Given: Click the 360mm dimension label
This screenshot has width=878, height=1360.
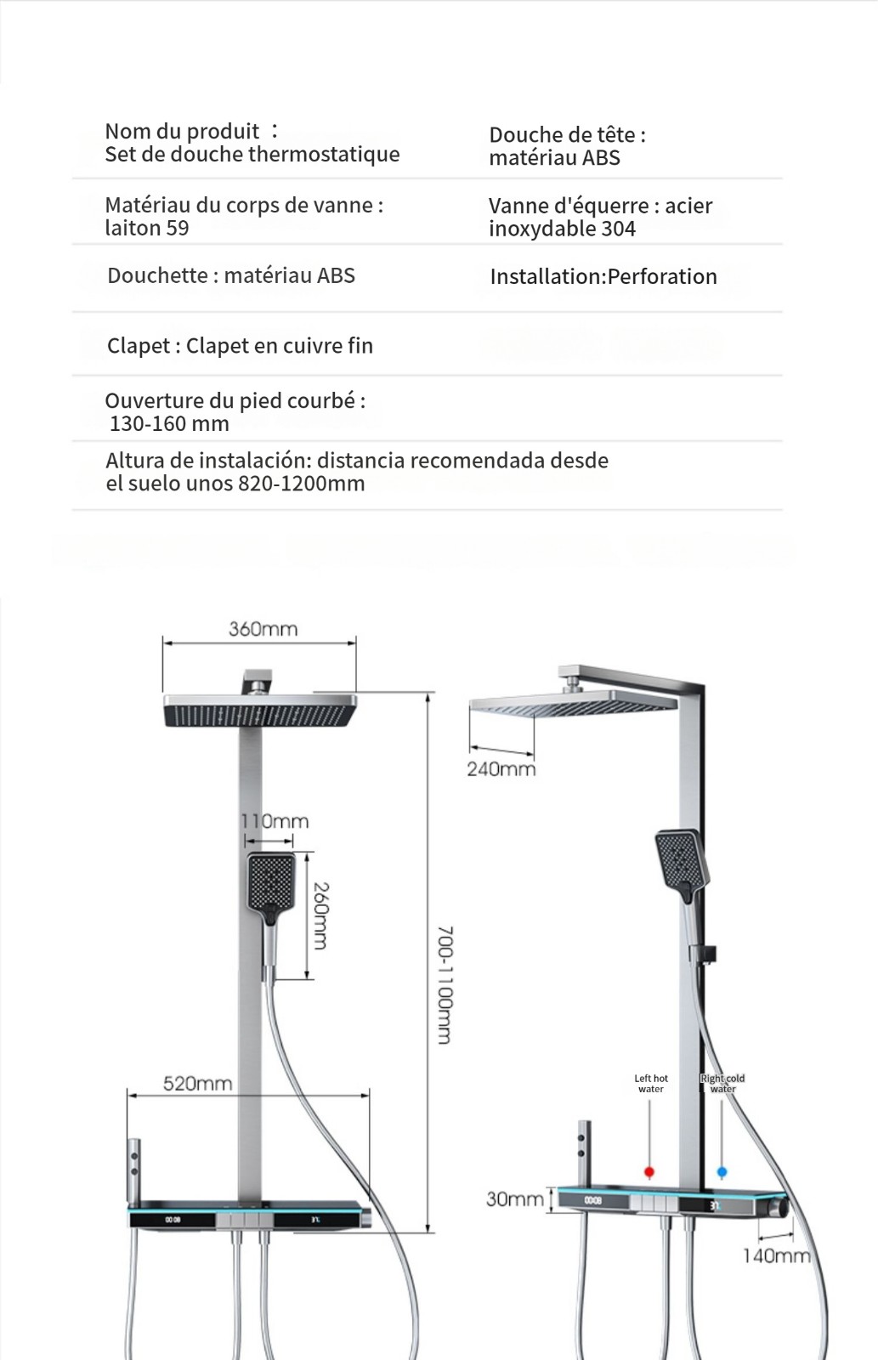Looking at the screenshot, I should [263, 629].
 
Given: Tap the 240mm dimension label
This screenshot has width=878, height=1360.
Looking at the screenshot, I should [501, 769].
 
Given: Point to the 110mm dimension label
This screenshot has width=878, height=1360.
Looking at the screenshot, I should [275, 821].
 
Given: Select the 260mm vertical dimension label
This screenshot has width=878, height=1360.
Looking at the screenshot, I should [320, 915].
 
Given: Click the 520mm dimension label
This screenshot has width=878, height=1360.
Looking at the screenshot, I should [197, 1083].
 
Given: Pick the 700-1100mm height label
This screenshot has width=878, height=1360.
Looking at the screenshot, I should [445, 985].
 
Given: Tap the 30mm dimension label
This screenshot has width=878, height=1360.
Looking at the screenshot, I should [514, 1198].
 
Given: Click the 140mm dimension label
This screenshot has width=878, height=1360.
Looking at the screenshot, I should [776, 1255].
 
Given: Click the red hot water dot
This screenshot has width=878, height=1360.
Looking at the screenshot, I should [649, 1172].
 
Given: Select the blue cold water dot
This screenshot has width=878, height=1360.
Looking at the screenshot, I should [722, 1172].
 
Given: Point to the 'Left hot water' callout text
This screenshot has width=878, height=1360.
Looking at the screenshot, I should [651, 1084].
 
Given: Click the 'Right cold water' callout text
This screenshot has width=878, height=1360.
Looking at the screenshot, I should [722, 1084].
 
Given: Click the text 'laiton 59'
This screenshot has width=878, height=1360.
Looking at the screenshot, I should [147, 229].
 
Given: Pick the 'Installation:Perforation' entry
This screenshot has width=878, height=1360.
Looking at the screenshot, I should [603, 277].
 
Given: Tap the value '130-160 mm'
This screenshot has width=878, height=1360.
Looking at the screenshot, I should [169, 424].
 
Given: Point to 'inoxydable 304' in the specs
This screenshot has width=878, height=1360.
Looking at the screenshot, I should [562, 229].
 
